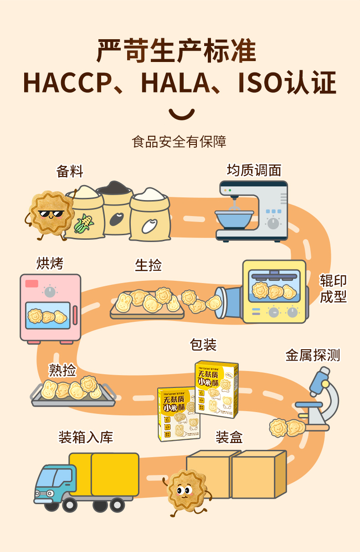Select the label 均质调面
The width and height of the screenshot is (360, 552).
pyautogui.click(x=254, y=170)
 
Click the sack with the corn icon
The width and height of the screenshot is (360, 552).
pyautogui.click(x=84, y=212)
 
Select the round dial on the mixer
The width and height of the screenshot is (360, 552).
pyautogui.click(x=273, y=223)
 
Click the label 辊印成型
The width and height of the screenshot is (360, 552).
pyautogui.click(x=333, y=289)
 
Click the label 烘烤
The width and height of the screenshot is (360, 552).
pyautogui.click(x=50, y=263)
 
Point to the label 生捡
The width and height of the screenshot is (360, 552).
pyautogui.click(x=148, y=265)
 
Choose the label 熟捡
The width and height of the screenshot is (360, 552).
pyautogui.click(x=62, y=370)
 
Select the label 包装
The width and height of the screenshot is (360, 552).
pyautogui.click(x=203, y=345)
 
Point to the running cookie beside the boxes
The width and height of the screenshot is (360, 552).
pyautogui.click(x=187, y=492)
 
